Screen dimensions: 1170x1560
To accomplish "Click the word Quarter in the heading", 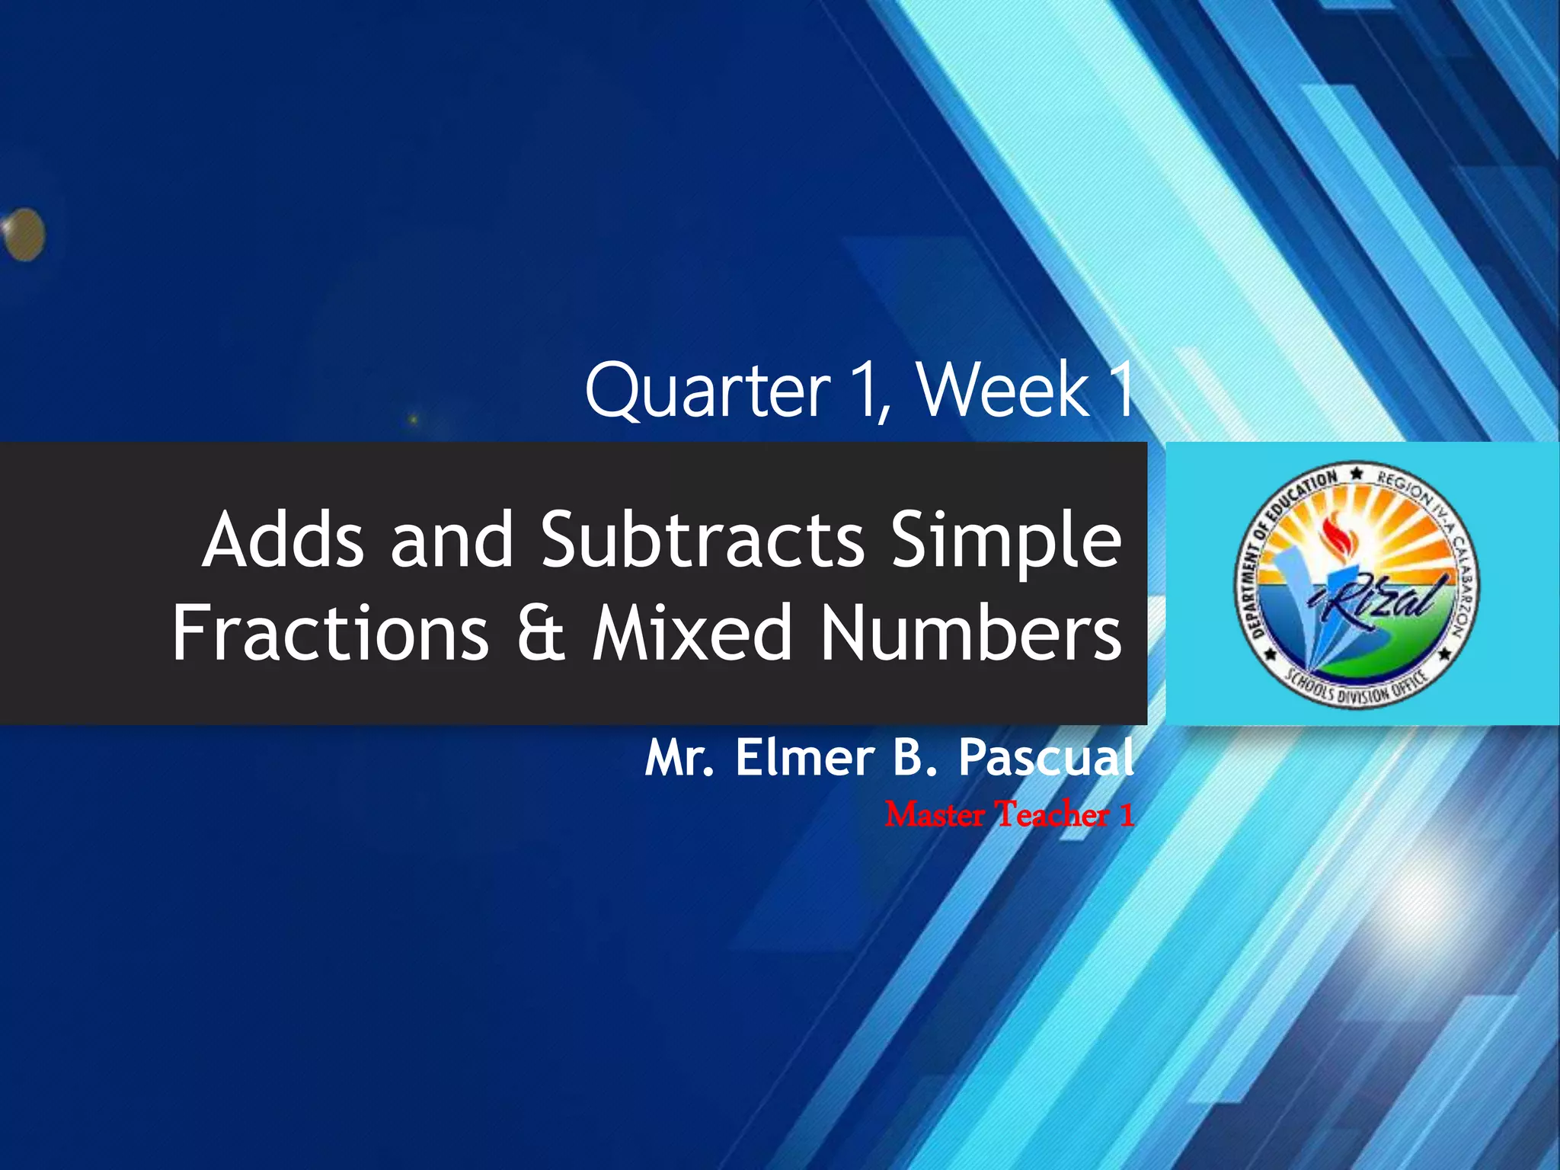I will [707, 392].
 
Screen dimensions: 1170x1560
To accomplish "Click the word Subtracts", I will [702, 540].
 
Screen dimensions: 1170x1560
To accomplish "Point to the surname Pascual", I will [1046, 759].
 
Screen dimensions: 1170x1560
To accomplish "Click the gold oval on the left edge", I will [24, 235].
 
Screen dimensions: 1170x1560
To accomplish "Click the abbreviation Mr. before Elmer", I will [679, 759].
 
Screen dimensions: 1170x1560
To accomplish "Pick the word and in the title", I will [452, 540].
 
